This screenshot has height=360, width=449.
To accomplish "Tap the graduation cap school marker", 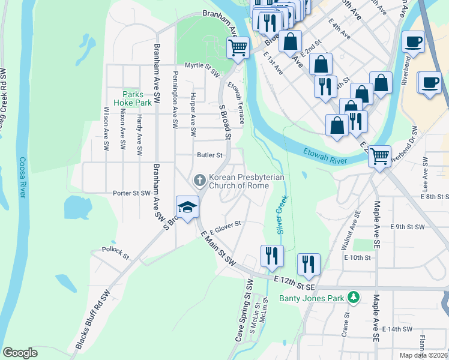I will point(187,207).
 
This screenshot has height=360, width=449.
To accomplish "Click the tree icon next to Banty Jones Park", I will point(355,297).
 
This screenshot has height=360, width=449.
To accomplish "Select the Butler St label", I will point(210,155).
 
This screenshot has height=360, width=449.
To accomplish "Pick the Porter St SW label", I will point(131,193).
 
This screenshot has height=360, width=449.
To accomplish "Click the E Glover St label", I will point(225,226).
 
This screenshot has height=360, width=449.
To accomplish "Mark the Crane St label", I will point(346,325).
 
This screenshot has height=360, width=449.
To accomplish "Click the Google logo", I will point(20,353).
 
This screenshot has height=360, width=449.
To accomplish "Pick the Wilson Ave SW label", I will point(106,128).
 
